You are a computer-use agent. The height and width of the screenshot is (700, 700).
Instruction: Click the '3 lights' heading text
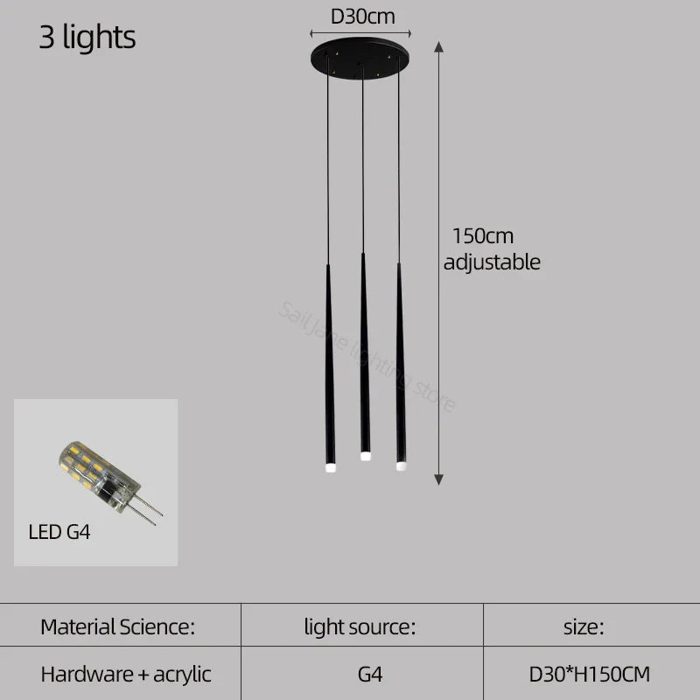[87, 38]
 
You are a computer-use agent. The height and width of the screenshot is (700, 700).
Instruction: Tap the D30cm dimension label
[362, 16]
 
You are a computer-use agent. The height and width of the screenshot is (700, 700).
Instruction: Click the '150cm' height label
[482, 236]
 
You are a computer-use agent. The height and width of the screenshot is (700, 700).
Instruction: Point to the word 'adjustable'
[492, 262]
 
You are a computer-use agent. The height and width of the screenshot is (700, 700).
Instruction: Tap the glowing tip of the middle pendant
[364, 456]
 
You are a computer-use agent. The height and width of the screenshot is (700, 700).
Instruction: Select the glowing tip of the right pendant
[401, 465]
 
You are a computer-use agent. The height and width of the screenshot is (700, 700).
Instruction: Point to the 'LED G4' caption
[59, 530]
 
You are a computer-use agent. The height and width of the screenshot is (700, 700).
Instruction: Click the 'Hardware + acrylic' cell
[126, 674]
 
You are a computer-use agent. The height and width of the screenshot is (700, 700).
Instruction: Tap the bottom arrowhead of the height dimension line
[438, 478]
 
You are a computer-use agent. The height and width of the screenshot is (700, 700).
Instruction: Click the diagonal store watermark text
[367, 355]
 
